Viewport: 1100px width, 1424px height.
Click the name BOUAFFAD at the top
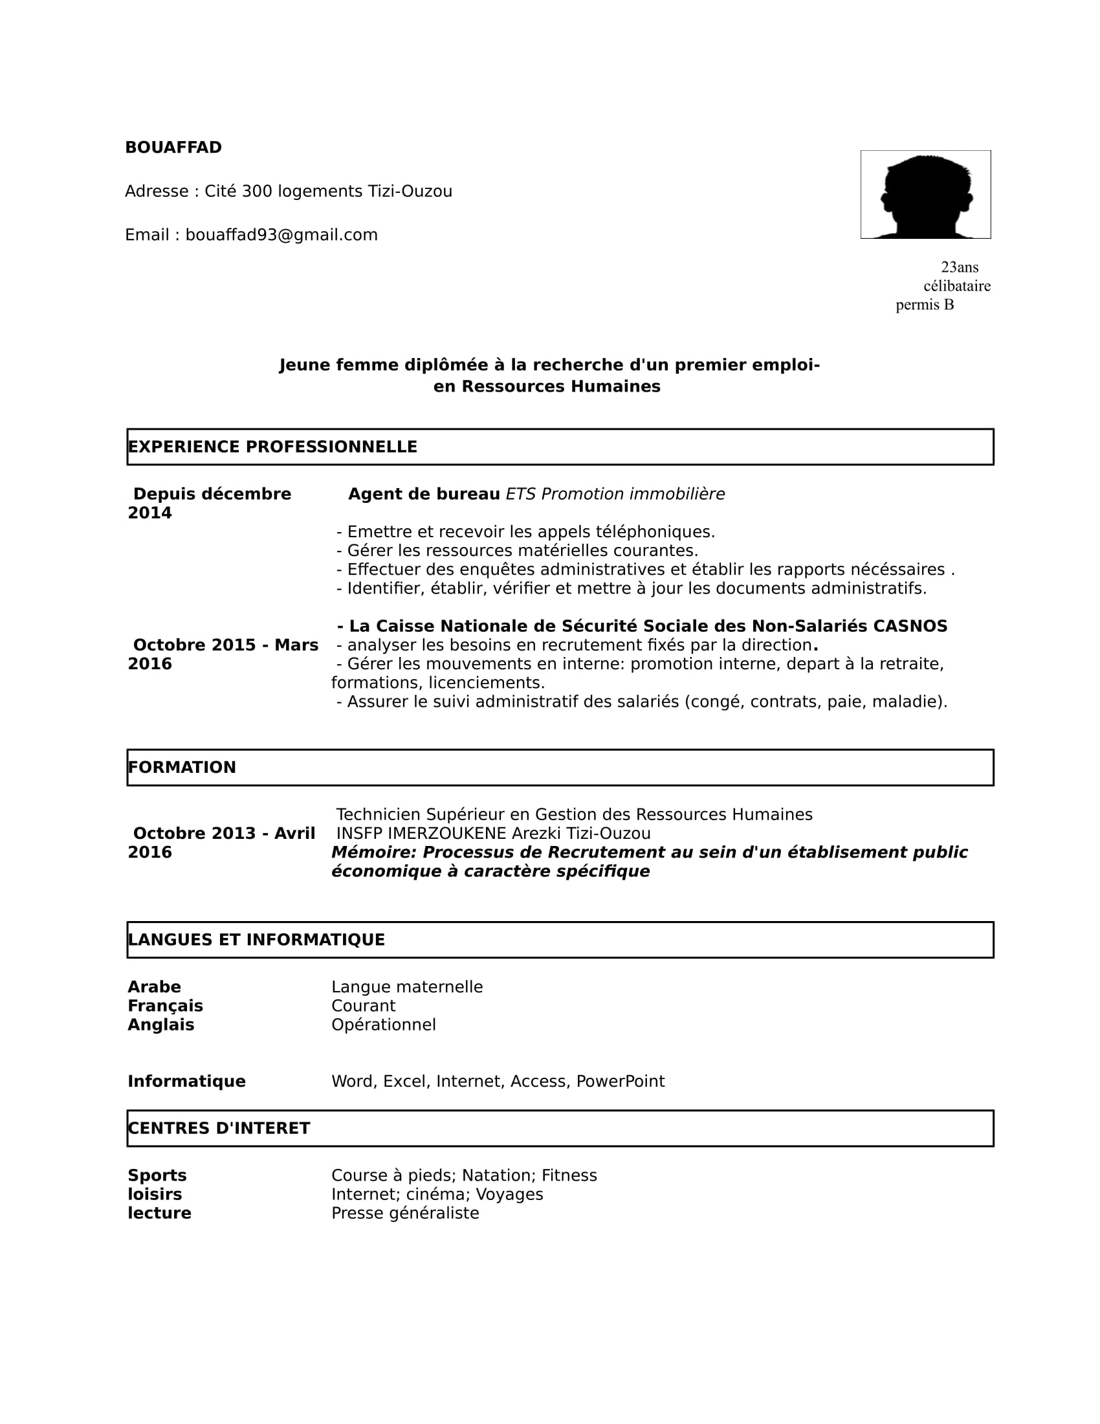pyautogui.click(x=173, y=148)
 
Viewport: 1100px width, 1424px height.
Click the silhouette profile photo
pyautogui.click(x=925, y=195)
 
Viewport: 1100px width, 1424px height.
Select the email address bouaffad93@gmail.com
pyautogui.click(x=281, y=235)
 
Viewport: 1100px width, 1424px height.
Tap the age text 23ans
pyautogui.click(x=959, y=267)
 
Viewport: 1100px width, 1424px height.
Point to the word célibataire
pyautogui.click(x=956, y=285)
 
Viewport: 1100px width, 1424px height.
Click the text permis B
pyautogui.click(x=924, y=304)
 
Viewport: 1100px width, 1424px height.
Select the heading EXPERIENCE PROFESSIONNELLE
pyautogui.click(x=272, y=447)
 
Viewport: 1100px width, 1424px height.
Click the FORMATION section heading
pyautogui.click(x=182, y=768)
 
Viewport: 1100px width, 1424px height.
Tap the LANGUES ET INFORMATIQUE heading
pyautogui.click(x=256, y=940)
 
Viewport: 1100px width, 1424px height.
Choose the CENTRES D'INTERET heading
pyautogui.click(x=219, y=1128)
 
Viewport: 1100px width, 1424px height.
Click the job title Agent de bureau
pyautogui.click(x=424, y=495)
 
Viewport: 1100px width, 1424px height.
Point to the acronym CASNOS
pyautogui.click(x=910, y=626)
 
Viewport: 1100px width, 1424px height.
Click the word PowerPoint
pyautogui.click(x=621, y=1081)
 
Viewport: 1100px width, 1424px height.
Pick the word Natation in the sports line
pyautogui.click(x=498, y=1175)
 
